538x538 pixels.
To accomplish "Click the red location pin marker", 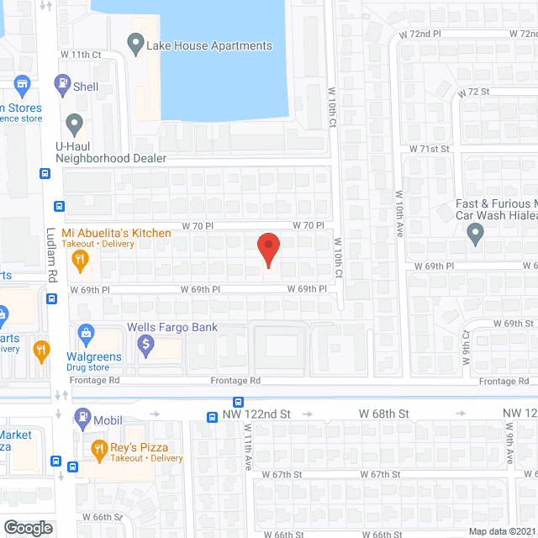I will click(x=267, y=249).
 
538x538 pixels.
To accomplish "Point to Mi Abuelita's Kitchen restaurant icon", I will click(x=81, y=261).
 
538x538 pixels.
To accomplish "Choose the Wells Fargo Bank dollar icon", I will click(x=146, y=343).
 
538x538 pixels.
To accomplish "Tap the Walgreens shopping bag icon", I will click(x=86, y=334).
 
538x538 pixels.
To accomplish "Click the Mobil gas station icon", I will click(x=83, y=415).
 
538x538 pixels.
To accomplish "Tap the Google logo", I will click(x=28, y=527).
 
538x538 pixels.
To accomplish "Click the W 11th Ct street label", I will click(x=81, y=54).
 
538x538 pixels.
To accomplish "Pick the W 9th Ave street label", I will click(x=509, y=445).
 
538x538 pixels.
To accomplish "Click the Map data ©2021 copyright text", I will click(x=502, y=530).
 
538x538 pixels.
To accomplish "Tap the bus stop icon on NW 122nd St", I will click(x=239, y=402).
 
